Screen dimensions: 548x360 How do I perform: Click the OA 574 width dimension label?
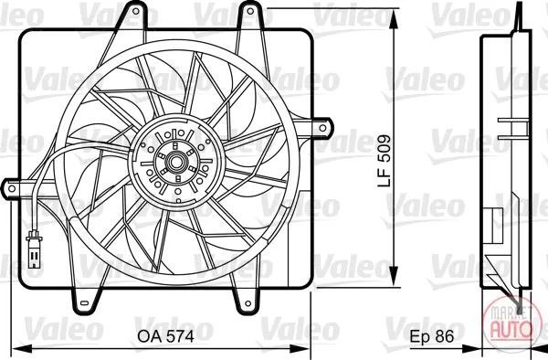[x=165, y=336]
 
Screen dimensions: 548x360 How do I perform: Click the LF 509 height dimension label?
[x=385, y=161]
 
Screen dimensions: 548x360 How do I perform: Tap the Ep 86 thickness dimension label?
[x=432, y=336]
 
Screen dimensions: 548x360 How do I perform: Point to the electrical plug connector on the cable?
[x=34, y=249]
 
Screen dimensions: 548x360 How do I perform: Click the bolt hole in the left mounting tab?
[x=12, y=189]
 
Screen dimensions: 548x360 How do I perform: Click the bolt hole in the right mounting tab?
[x=323, y=128]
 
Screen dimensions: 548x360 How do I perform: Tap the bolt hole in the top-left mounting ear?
[x=136, y=11]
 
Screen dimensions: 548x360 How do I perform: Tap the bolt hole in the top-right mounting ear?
[x=250, y=11]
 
